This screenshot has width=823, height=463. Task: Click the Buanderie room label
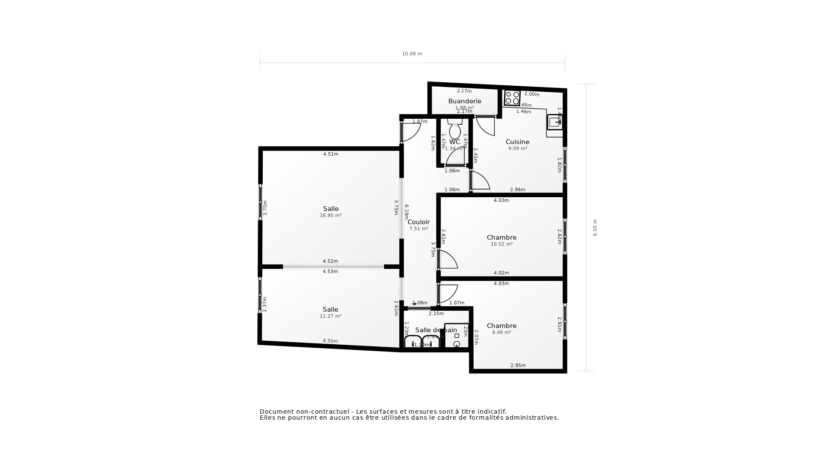pyautogui.click(x=465, y=101)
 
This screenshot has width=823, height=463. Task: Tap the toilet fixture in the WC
pyautogui.click(x=455, y=129)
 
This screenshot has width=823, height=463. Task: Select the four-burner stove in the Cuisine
pyautogui.click(x=512, y=98)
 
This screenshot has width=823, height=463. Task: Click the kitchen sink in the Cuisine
pyautogui.click(x=555, y=122)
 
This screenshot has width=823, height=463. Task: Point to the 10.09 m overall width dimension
pyautogui.click(x=412, y=54)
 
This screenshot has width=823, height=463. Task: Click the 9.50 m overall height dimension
pyautogui.click(x=595, y=228)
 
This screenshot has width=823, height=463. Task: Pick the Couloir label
pyautogui.click(x=418, y=222)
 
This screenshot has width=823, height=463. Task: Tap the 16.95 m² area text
pyautogui.click(x=330, y=216)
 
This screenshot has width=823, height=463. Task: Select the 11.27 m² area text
pyautogui.click(x=330, y=316)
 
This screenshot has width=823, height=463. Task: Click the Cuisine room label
pyautogui.click(x=517, y=142)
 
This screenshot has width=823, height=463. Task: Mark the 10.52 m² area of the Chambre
pyautogui.click(x=502, y=244)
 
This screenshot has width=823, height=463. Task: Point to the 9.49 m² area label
pyautogui.click(x=502, y=333)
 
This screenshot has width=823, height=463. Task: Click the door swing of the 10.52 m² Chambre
pyautogui.click(x=448, y=260)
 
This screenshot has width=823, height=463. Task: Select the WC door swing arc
pyautogui.click(x=455, y=157)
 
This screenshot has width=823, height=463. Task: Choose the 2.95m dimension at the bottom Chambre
pyautogui.click(x=518, y=366)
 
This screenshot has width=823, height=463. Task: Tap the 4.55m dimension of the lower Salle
pyautogui.click(x=330, y=341)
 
